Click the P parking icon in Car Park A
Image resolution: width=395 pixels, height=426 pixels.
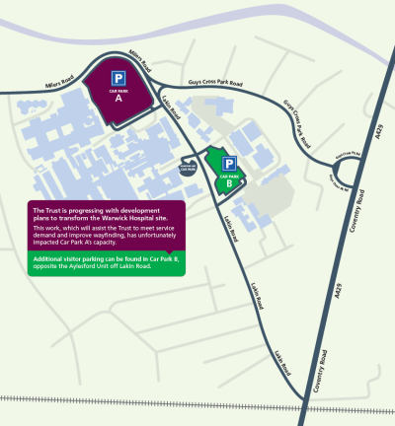[118, 78]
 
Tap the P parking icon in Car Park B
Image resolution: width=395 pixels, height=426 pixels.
[228, 164]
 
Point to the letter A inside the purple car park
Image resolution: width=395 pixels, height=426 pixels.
[118, 99]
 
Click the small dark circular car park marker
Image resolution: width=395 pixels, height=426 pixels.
[188, 168]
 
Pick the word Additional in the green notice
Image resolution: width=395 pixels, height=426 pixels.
[50, 260]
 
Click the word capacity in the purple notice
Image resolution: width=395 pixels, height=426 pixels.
[136, 244]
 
